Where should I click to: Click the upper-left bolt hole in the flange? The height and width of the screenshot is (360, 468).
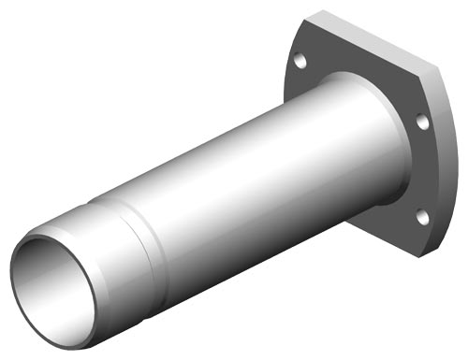[300, 62]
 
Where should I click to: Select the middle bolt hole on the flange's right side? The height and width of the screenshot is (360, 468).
[422, 122]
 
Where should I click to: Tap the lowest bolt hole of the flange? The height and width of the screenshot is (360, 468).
[422, 217]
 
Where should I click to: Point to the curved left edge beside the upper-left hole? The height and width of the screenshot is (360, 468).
[287, 65]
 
